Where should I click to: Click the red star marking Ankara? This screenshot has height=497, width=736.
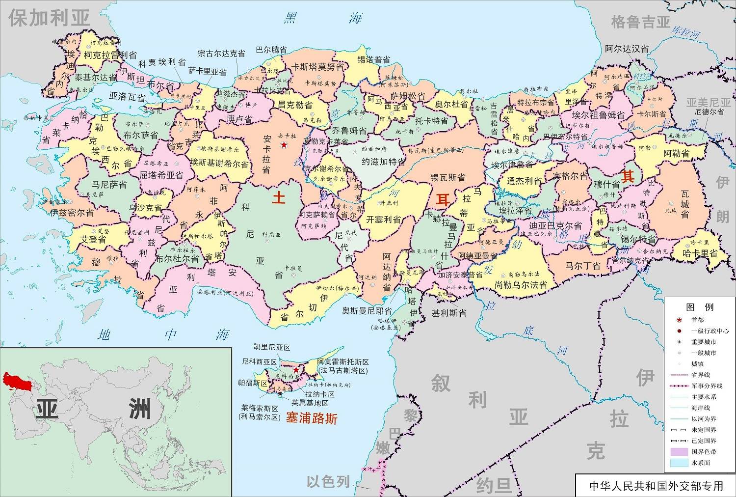[284, 145]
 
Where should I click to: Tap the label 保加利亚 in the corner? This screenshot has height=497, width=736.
[49, 19]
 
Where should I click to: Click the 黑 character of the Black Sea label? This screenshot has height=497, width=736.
[290, 19]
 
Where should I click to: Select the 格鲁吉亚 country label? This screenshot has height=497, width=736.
[640, 22]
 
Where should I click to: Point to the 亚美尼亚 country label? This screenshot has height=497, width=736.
[708, 102]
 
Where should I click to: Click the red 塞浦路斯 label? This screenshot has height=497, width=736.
[312, 418]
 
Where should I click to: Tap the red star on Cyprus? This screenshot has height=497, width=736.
[296, 369]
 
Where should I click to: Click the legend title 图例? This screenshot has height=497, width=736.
[700, 307]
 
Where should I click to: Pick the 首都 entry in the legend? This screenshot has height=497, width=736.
[697, 320]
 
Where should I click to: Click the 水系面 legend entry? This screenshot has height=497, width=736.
[701, 463]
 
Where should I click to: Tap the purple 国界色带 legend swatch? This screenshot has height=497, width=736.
[679, 451]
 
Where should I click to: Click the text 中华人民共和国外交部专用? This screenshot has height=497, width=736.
[656, 486]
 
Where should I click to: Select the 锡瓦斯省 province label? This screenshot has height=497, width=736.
[447, 177]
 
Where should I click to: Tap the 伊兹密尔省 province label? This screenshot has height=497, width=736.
[72, 213]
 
